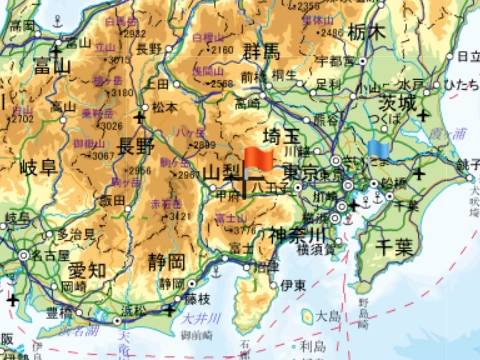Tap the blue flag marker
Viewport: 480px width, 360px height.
[x=377, y=149]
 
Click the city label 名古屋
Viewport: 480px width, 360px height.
[x=48, y=255]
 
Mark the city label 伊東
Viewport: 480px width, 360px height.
[x=292, y=285]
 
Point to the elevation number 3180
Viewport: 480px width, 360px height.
[x=122, y=92]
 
